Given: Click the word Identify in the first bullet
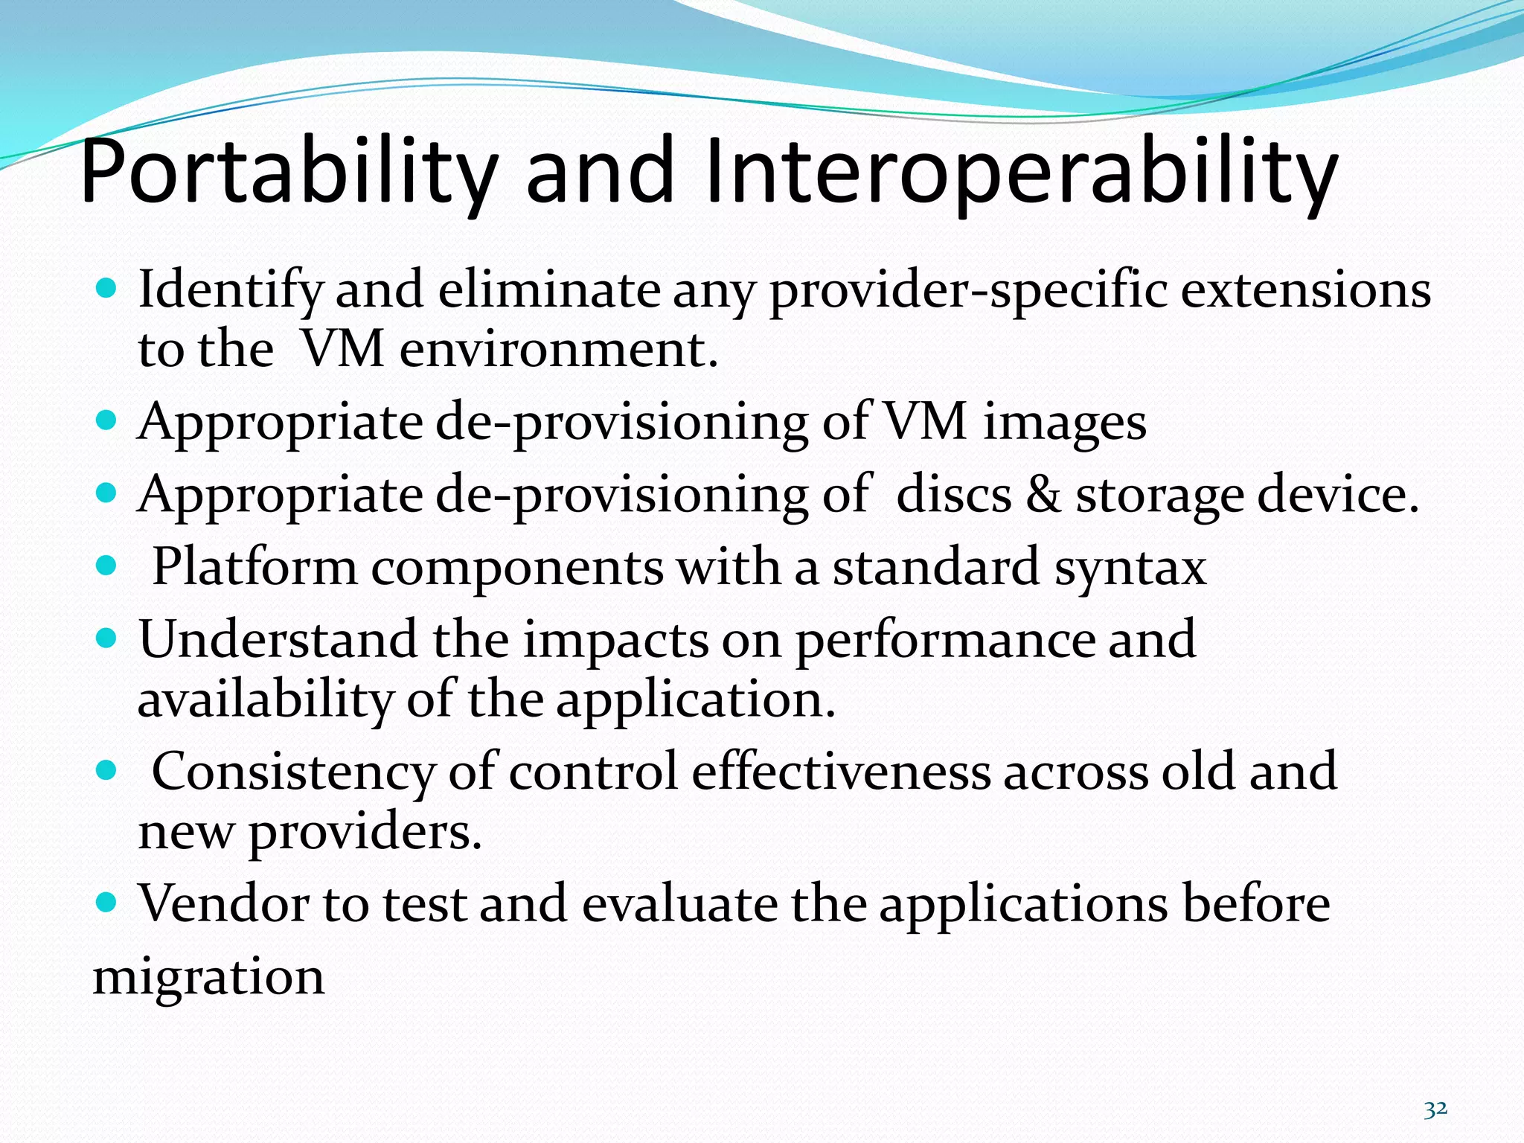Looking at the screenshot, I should coord(231,290).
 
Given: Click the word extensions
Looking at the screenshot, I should coord(1305,290).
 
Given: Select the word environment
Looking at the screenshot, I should coord(558,350).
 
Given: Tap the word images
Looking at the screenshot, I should coord(1064,423).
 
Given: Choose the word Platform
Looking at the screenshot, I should coord(254,568).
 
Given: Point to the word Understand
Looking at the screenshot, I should coord(278,640).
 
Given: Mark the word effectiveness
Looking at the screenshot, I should coord(841,772).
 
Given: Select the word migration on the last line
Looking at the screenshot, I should coord(208,977).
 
